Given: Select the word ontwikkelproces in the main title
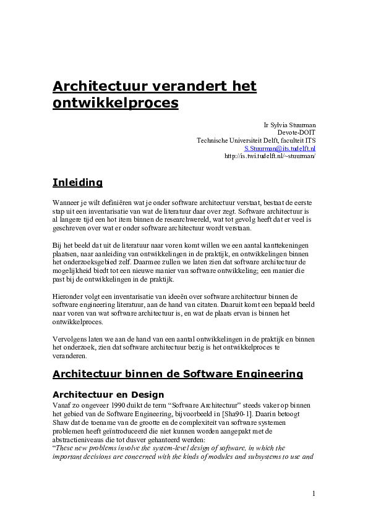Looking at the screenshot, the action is tap(116, 103).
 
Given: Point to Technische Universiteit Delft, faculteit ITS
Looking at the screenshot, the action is tap(256, 140).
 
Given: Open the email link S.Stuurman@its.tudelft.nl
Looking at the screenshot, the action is tap(280, 148).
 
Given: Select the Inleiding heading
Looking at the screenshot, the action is tap(77, 182).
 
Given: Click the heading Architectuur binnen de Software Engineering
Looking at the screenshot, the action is tap(178, 374).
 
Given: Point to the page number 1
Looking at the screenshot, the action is tap(314, 493).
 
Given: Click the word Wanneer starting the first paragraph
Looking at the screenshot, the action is tap(67, 202).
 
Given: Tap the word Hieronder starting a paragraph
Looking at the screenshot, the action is tap(70, 296).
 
